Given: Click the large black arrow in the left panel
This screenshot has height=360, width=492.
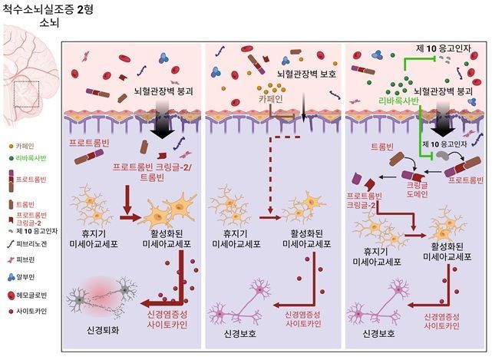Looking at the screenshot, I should coord(162,127).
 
